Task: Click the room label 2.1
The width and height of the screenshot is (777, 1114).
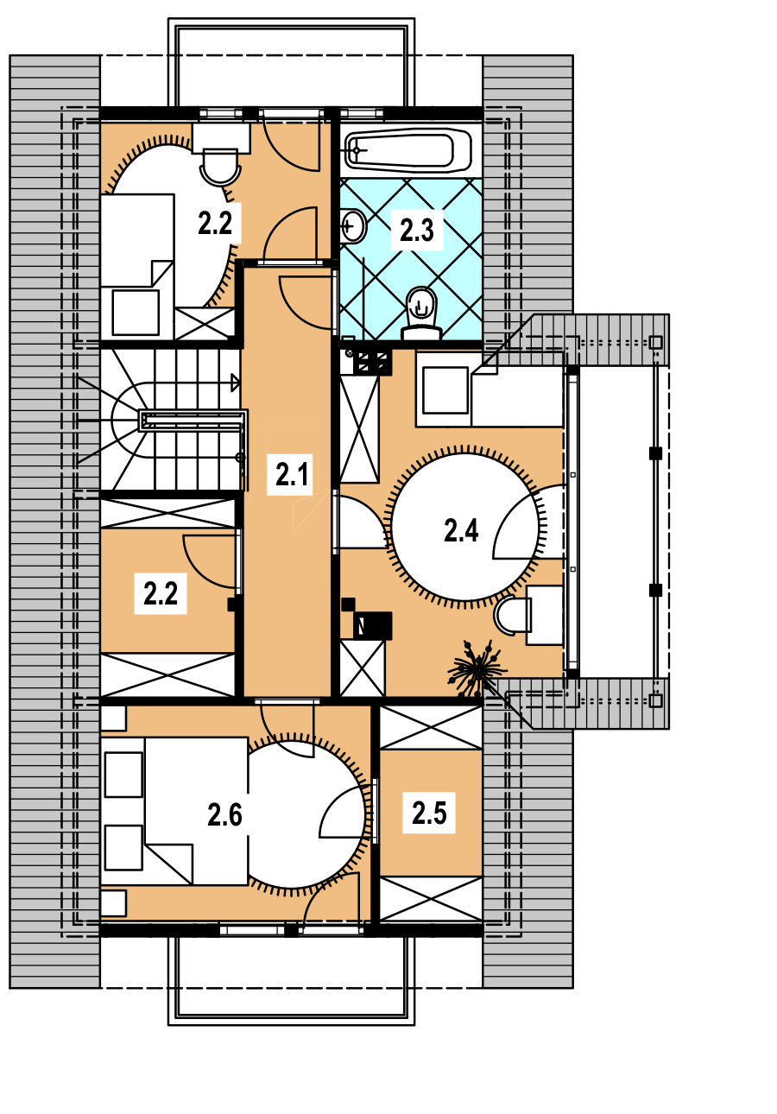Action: tap(292, 474)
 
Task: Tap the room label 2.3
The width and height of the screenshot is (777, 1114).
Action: tap(417, 230)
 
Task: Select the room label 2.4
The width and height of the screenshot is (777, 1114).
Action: tap(461, 530)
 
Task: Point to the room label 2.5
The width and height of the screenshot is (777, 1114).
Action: tap(429, 813)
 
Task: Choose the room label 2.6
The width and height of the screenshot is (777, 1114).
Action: tap(224, 814)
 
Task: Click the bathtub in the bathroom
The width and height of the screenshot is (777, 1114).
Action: tap(408, 149)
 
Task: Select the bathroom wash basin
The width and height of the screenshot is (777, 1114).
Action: tap(353, 226)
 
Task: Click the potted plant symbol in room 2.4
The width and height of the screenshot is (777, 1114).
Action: tap(477, 668)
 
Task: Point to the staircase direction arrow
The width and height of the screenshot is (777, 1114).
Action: tap(235, 383)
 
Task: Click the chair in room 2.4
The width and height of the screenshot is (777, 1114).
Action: tap(512, 615)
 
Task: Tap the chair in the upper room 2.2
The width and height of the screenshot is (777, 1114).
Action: tap(220, 168)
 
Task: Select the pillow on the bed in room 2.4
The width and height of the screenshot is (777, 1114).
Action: tap(445, 391)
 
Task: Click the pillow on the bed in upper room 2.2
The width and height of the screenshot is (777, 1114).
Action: tap(136, 313)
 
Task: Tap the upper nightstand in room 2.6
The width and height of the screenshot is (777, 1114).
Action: tap(113, 718)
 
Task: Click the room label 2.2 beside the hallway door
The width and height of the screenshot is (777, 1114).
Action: tap(161, 594)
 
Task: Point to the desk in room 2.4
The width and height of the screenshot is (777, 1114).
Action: tap(545, 615)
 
